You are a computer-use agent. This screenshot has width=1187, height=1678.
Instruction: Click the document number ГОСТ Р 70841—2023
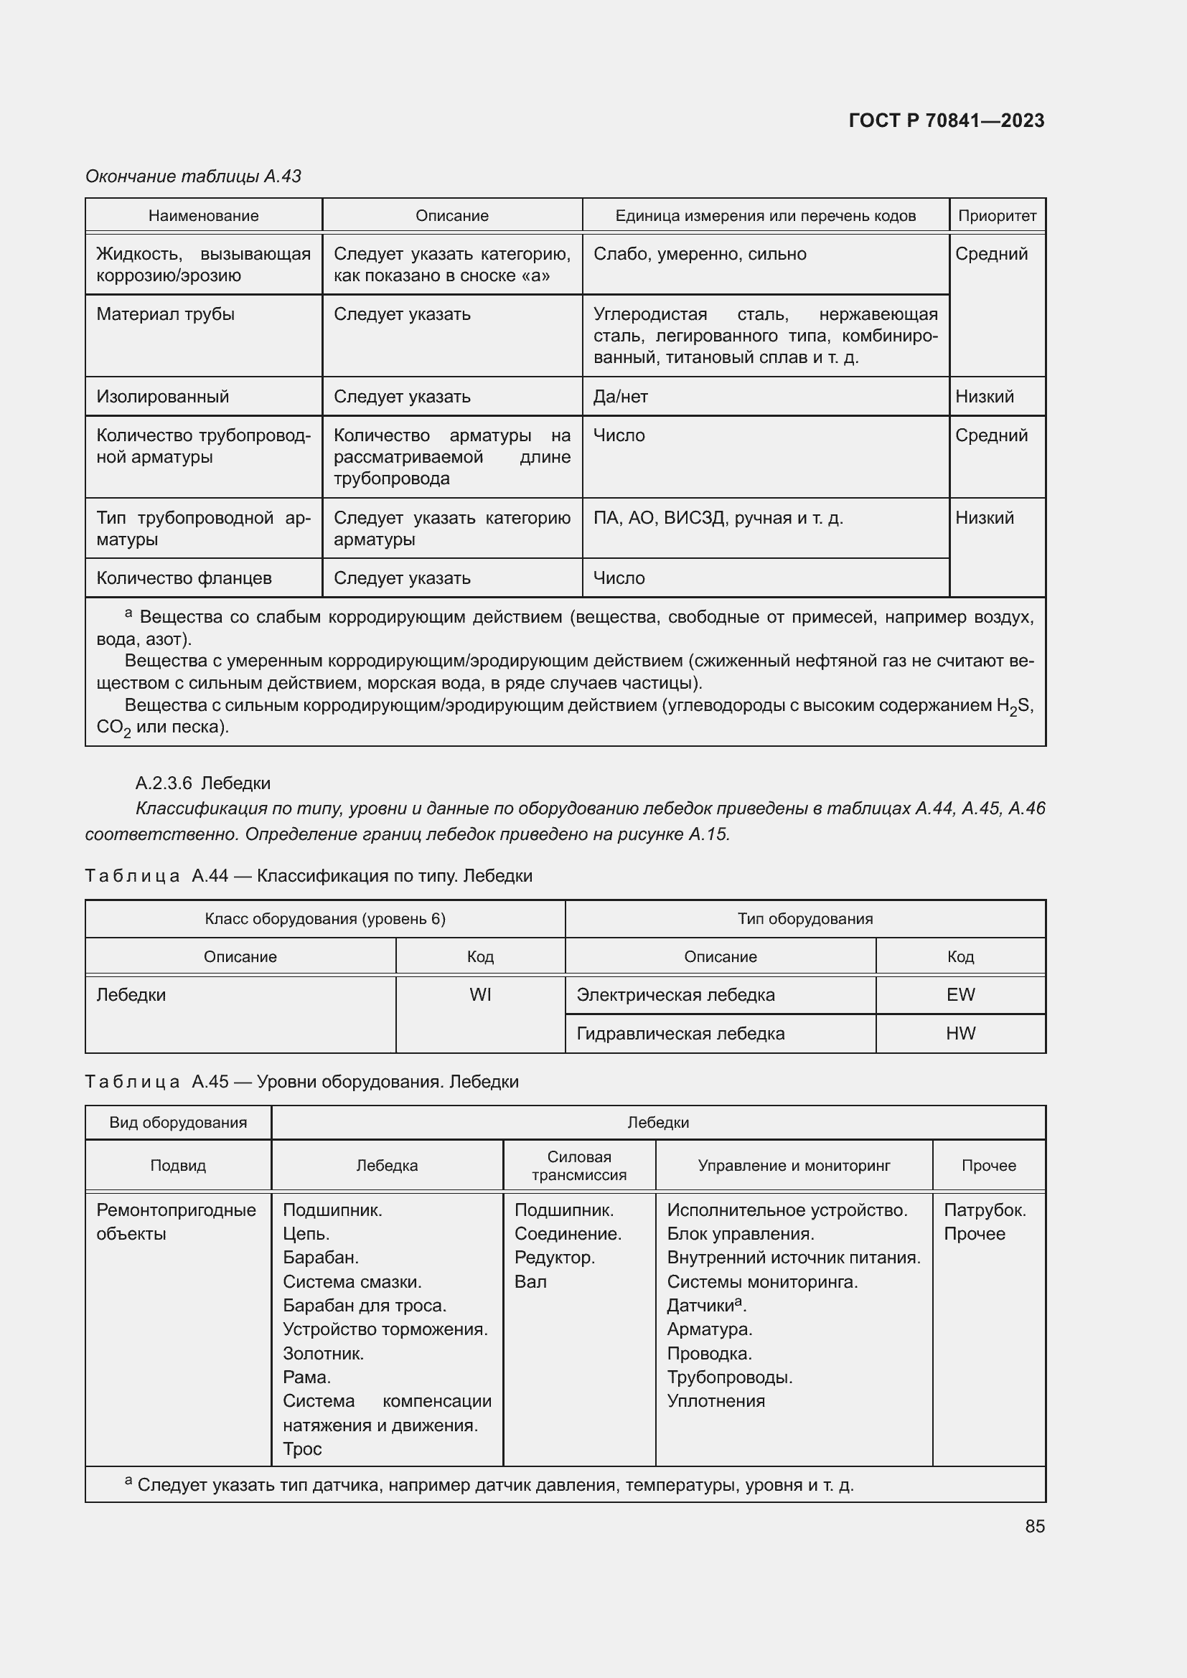coord(946,121)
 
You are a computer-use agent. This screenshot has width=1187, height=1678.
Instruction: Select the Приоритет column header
coord(996,216)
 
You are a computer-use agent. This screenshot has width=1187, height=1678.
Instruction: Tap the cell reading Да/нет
coord(620,397)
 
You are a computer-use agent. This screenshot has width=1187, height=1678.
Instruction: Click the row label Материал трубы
coord(165,314)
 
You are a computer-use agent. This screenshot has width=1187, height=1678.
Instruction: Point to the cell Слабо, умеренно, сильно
coord(700,255)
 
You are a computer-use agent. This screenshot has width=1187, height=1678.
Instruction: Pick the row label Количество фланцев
coord(184,578)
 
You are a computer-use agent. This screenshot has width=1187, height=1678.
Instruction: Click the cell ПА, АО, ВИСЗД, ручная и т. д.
coord(718,518)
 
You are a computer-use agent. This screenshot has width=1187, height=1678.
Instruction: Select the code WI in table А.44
coord(480,994)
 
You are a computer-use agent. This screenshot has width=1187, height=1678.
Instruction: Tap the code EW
coord(960,994)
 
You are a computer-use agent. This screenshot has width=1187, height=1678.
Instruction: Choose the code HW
coord(960,1033)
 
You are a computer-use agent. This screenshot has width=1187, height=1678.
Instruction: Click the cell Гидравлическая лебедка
coord(680,1033)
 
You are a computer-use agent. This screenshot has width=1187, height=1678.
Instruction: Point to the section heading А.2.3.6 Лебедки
coord(202,783)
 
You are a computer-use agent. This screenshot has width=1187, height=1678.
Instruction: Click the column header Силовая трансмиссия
coord(579,1166)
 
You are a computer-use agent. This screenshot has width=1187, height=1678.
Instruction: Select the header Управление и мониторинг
coord(793,1166)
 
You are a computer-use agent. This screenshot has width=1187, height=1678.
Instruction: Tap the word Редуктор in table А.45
coord(554,1258)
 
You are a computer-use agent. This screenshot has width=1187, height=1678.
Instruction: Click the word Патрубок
coord(984,1210)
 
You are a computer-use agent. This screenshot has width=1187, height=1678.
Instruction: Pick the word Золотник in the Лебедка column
coord(323,1354)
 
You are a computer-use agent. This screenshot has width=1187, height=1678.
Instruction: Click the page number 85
coord(1034,1526)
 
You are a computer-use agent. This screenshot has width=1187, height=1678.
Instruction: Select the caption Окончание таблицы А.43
coord(193,176)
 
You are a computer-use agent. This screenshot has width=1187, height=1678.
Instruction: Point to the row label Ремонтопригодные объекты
coord(176,1222)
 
